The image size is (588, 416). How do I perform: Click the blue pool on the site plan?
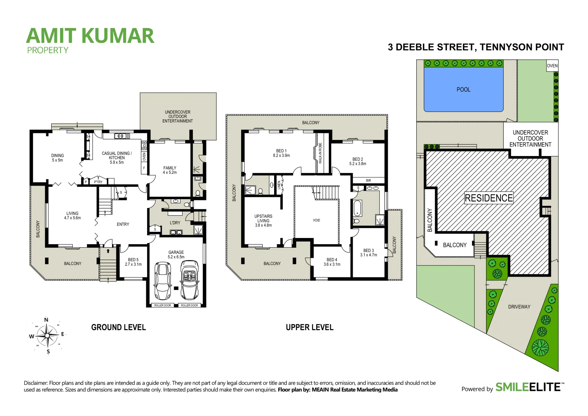pos(463,89)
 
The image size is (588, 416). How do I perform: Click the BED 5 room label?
pos(133,262)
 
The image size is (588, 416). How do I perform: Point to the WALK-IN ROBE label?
pos(320,153)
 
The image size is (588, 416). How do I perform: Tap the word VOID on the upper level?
pos(316,220)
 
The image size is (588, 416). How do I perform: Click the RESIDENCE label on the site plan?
pos(489,198)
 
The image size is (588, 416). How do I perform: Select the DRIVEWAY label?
pos(519,307)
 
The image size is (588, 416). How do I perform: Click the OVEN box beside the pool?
pos(552,66)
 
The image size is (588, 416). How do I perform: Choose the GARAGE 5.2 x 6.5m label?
pos(176,255)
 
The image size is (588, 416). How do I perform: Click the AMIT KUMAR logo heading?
pos(90,36)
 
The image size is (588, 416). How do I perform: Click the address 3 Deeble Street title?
pos(476,47)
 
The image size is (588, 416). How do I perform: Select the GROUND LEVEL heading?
pos(119,327)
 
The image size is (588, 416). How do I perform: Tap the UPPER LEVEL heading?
pos(310,327)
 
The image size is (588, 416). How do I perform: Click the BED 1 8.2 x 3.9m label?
pos(281,153)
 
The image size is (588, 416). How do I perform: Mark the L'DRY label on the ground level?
pos(175,223)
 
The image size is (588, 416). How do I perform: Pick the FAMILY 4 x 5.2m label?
pos(169,170)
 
